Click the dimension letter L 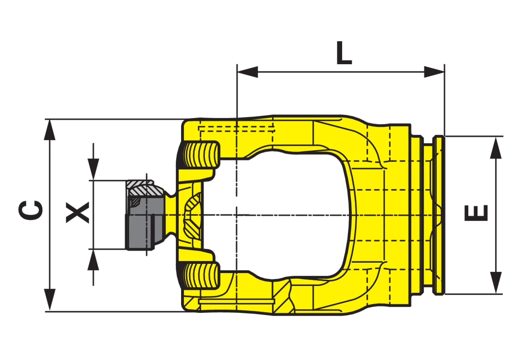(x=344, y=53)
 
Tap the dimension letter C (x=30, y=210)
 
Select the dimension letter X (x=78, y=212)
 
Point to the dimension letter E (x=476, y=213)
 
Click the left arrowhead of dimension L (x=247, y=72)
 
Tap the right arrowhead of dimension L (x=434, y=72)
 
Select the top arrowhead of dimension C (x=49, y=130)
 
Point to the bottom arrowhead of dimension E (x=496, y=283)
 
